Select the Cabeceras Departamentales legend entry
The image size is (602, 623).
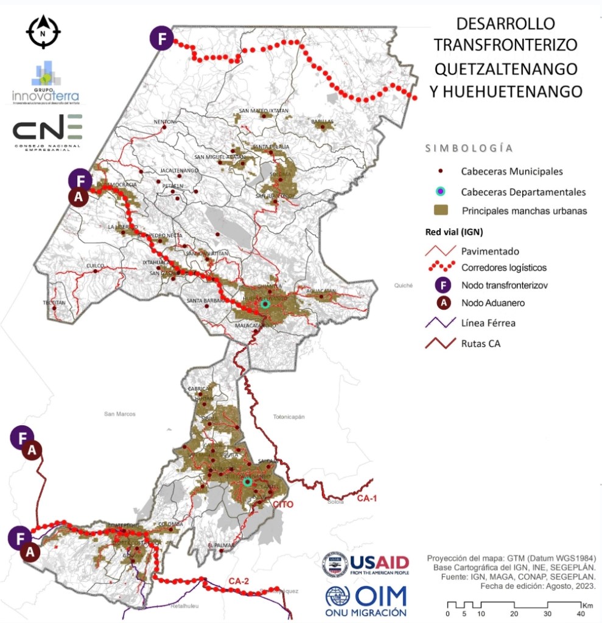coord(523,192)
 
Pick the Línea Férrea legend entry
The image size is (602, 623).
coord(488,323)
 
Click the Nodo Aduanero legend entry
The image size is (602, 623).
coord(493,303)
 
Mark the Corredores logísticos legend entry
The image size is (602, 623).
coord(503,267)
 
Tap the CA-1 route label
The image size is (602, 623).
coord(367,499)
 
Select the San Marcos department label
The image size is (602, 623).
coord(119,414)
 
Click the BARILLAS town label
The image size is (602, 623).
coord(323,122)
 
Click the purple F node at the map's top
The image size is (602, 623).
coord(161,39)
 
